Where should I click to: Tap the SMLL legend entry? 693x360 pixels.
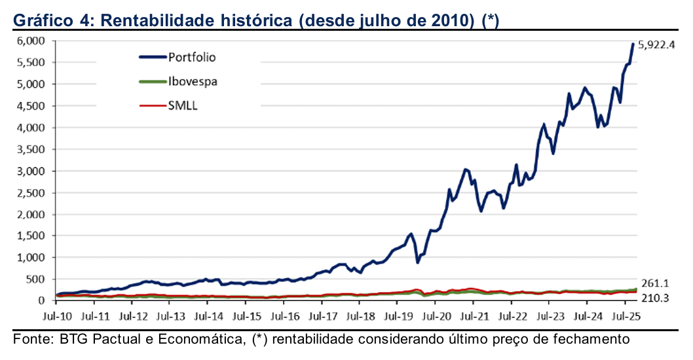click(183, 106)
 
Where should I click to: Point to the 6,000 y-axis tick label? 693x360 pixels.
click(31, 41)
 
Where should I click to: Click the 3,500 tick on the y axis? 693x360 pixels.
click(31, 149)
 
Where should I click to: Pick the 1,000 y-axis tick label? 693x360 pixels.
click(31, 258)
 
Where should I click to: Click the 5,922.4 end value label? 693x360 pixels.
click(656, 46)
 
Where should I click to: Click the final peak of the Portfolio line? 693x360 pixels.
click(633, 44)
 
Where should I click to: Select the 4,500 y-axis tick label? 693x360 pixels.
click(31, 106)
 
